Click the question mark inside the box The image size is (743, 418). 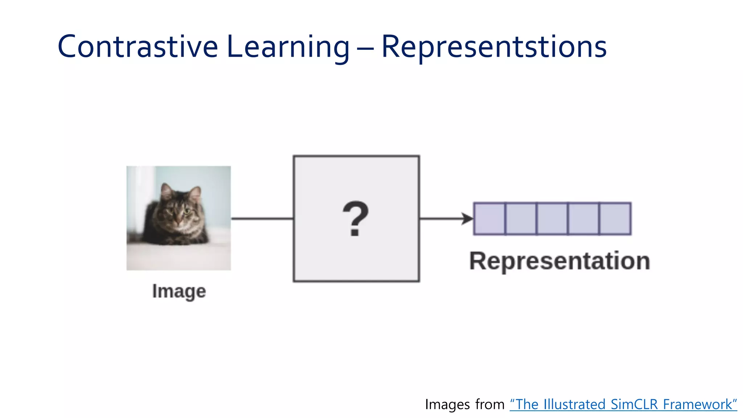356,219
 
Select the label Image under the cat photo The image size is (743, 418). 179,291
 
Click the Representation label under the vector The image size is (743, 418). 559,261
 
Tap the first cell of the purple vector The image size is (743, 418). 489,219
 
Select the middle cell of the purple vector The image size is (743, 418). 552,219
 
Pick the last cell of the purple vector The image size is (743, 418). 615,219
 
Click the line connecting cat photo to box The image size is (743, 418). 262,218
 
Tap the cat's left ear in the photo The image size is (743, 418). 167,191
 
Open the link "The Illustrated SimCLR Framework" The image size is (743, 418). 623,404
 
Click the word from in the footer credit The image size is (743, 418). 490,404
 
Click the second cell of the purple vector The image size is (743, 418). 521,219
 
